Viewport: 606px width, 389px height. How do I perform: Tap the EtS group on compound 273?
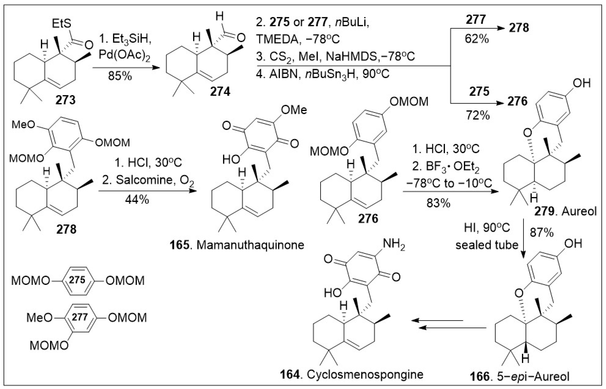[x=61, y=24]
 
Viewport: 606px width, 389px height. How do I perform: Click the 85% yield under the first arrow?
[x=120, y=76]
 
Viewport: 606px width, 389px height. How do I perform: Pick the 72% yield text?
[x=478, y=115]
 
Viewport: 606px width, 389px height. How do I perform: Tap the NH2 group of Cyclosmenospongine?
[x=394, y=244]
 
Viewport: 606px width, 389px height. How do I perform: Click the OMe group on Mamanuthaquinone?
[x=294, y=110]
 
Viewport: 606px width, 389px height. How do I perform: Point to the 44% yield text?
[x=137, y=200]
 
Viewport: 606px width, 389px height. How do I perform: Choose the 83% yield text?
[x=438, y=203]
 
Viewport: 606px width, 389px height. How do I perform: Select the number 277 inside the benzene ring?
[x=80, y=317]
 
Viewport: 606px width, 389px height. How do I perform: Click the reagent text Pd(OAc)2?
[x=124, y=56]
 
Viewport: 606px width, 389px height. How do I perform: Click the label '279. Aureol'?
[x=565, y=211]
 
